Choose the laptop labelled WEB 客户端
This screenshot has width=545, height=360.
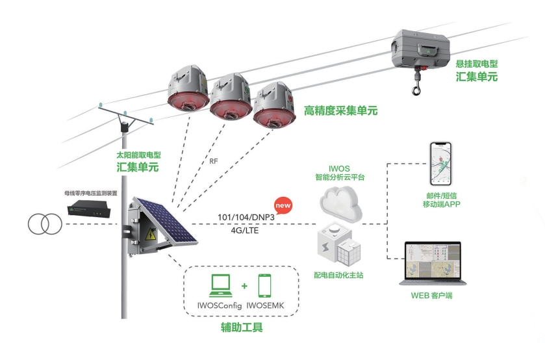[433, 264]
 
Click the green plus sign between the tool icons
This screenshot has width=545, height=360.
[244, 286]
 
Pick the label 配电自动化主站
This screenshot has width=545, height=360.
[338, 276]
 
